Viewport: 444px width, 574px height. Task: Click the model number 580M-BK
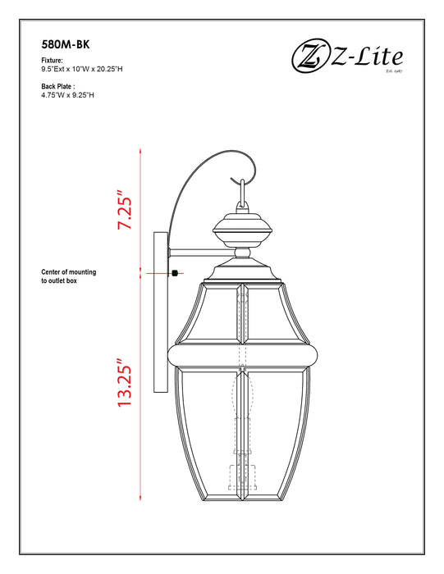pyautogui.click(x=65, y=47)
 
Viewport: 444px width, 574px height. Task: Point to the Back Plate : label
pyautogui.click(x=58, y=85)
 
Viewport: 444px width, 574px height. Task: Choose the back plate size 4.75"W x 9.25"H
pyautogui.click(x=68, y=94)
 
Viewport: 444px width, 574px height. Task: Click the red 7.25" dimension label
pyautogui.click(x=123, y=212)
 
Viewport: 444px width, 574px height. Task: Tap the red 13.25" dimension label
pyautogui.click(x=123, y=383)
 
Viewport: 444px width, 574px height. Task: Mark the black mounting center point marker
pyautogui.click(x=176, y=273)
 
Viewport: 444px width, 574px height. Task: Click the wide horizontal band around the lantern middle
pyautogui.click(x=242, y=353)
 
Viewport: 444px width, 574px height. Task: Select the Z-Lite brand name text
pyautogui.click(x=370, y=57)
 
